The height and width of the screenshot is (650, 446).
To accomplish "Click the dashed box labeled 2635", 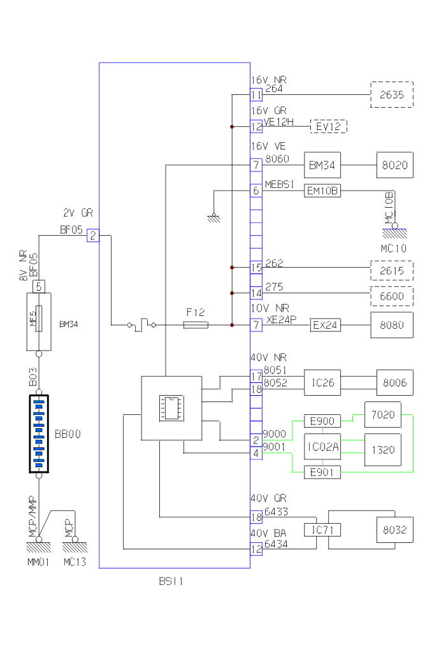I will tap(392, 95).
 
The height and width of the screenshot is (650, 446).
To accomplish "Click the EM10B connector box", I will tap(323, 190).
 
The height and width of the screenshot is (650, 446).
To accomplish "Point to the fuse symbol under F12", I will tap(195, 325).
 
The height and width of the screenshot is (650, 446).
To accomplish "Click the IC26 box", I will tap(323, 382).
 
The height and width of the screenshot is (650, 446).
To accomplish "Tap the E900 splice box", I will tap(323, 421).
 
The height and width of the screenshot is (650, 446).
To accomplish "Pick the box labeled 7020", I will tap(383, 415).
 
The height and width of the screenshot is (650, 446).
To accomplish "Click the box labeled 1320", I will tap(383, 449).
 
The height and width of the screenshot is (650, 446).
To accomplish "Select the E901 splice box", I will tap(323, 472).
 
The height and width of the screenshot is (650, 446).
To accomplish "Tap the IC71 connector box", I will tap(323, 530).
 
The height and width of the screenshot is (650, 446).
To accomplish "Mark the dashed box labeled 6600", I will tap(392, 296).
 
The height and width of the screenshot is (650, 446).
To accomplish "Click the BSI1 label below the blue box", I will tap(171, 581).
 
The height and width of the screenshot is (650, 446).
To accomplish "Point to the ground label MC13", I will tap(75, 562).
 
